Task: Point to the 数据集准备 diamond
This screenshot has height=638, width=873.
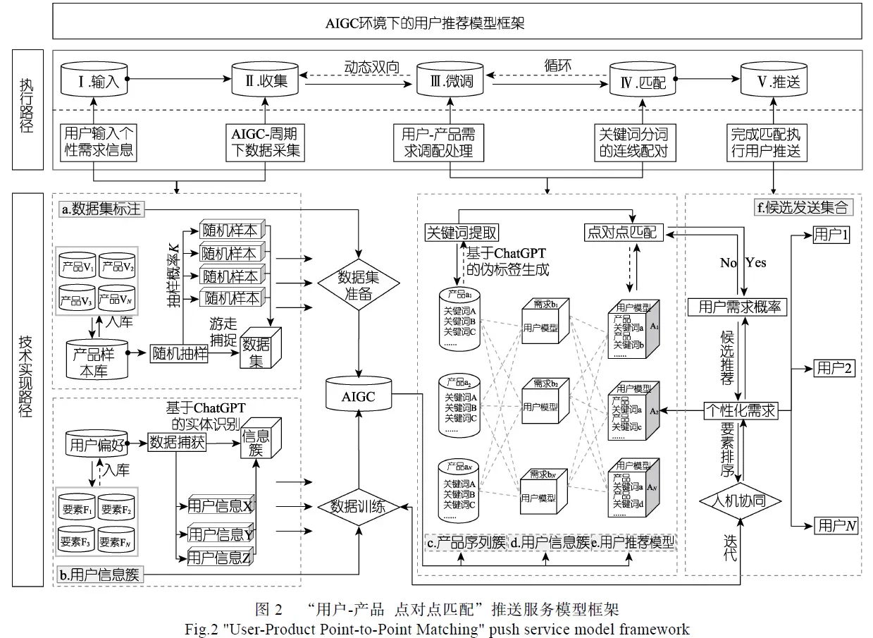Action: click(359, 285)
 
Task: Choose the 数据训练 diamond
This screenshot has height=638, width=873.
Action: click(359, 506)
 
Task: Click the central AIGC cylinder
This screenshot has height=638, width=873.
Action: click(359, 396)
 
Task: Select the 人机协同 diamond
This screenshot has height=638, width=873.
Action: click(741, 501)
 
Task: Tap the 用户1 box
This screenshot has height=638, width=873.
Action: click(831, 235)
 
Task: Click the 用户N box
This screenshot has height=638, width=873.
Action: click(836, 525)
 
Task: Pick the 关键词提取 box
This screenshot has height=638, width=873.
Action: click(462, 232)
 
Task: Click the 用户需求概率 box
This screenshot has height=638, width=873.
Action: click(737, 307)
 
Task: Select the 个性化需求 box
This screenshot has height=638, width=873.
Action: click(741, 410)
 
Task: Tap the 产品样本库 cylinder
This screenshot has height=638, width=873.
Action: click(96, 359)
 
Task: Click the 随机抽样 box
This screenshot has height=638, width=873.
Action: click(180, 354)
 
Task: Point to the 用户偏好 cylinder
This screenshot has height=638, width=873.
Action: click(97, 445)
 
